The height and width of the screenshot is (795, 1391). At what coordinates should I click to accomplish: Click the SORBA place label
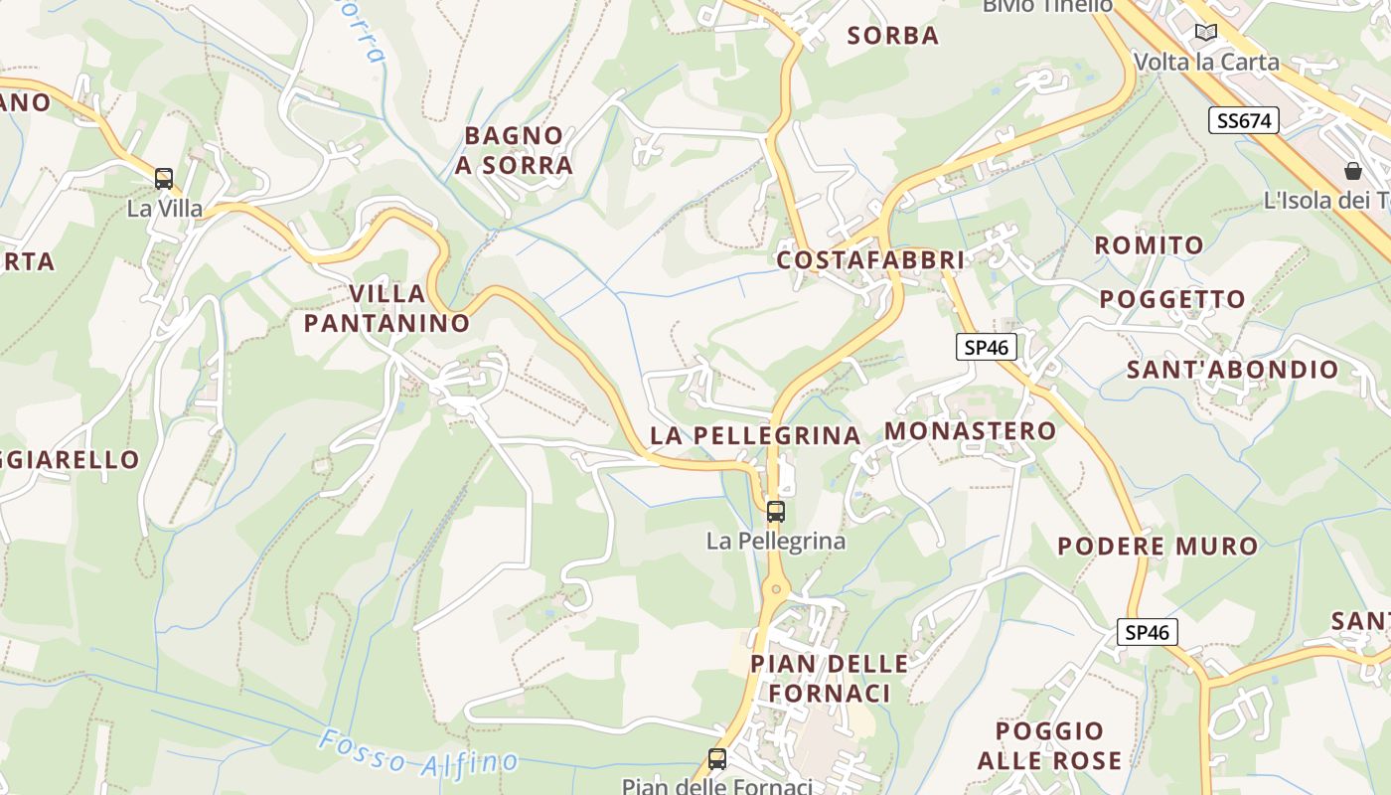[x=892, y=36]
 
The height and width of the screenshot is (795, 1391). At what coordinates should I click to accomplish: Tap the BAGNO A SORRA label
[x=514, y=150]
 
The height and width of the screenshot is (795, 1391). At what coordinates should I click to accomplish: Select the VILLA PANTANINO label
[x=386, y=308]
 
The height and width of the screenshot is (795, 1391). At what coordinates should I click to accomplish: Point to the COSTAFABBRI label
[x=870, y=260]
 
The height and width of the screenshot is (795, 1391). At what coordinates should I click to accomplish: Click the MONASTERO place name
[x=970, y=430]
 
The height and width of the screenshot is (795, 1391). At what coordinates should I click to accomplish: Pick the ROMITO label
[x=1149, y=244]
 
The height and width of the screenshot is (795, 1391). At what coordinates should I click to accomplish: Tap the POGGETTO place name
[x=1171, y=299]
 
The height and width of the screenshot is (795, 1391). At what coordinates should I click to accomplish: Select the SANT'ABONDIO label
[x=1232, y=370]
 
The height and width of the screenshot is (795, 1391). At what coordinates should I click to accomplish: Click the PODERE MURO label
[x=1158, y=546]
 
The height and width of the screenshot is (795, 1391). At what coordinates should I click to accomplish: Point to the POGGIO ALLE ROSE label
[x=1049, y=746]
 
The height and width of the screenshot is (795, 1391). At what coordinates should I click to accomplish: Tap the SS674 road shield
[x=1243, y=121]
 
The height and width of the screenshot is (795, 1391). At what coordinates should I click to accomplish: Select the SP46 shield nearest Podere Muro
[x=1147, y=632]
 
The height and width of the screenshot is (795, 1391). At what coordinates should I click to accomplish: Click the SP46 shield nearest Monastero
[x=986, y=347]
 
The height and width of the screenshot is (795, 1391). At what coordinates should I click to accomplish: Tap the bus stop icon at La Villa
[x=164, y=179]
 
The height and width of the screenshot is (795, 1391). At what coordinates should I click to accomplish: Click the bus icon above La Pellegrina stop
[x=776, y=512]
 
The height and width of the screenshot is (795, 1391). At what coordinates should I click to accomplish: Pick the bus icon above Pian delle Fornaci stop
[x=716, y=759]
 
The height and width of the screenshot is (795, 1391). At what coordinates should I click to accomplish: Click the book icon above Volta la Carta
[x=1206, y=33]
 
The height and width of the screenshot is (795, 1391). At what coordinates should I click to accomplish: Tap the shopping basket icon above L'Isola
[x=1352, y=171]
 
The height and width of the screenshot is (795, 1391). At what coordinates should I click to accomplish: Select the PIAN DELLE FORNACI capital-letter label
[x=829, y=678]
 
